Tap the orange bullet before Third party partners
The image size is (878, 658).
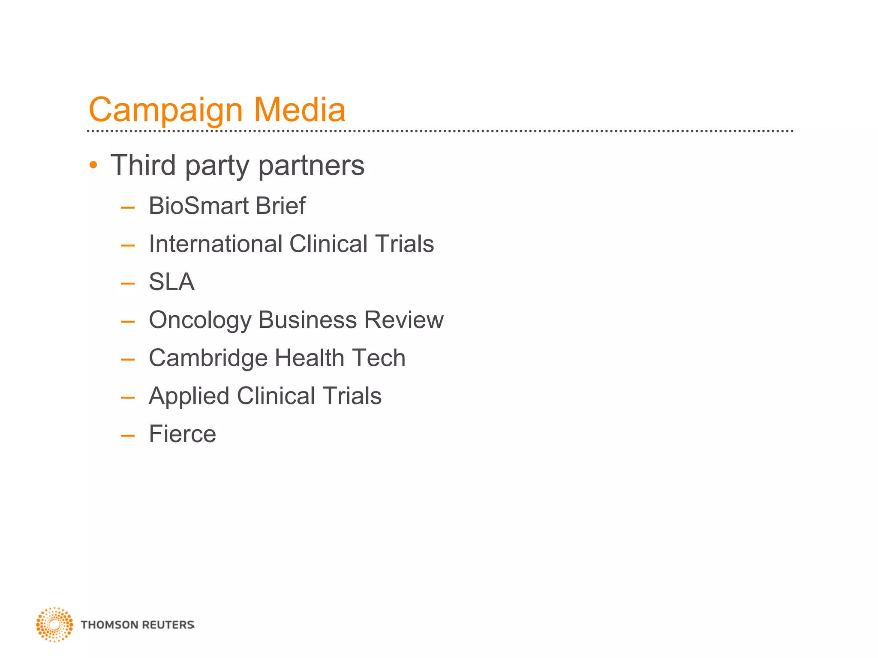(93, 165)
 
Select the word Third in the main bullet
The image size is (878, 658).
(143, 165)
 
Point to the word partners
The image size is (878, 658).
(311, 166)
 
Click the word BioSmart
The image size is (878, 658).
(198, 206)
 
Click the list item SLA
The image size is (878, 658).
(171, 282)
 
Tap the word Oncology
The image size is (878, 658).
(200, 320)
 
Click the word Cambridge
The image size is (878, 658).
(208, 358)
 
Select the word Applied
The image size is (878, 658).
(189, 396)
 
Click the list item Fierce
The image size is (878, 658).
(182, 434)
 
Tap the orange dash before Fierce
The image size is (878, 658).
(128, 436)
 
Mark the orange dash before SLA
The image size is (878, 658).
(128, 284)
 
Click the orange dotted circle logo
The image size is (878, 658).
(54, 625)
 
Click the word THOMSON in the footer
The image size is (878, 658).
(109, 625)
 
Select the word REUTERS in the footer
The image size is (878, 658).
(168, 625)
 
